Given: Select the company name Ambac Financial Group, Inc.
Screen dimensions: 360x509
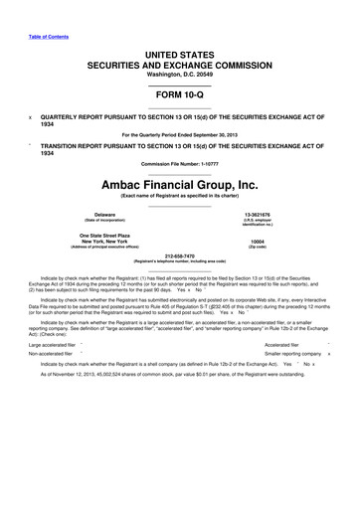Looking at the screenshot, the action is (x=180, y=183).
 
